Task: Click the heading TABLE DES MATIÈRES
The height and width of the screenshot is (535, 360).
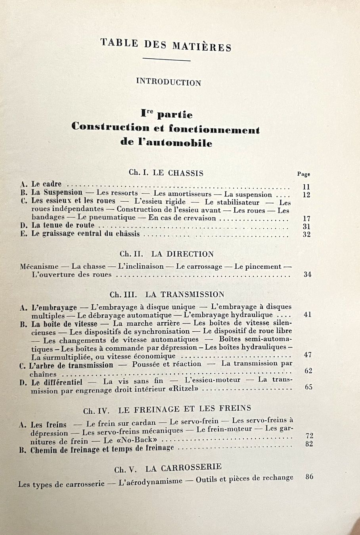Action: tap(166, 44)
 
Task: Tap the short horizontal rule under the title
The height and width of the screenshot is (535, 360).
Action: tap(166, 60)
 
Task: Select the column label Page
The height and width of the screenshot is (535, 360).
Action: tap(304, 174)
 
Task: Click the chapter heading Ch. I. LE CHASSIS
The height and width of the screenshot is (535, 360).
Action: tap(166, 173)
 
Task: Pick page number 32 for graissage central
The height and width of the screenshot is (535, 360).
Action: tap(306, 234)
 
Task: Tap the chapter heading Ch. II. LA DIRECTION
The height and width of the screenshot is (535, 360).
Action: tap(167, 254)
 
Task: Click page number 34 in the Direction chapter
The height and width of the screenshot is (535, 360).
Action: tap(307, 274)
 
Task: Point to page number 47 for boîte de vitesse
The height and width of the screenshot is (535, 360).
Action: tap(308, 355)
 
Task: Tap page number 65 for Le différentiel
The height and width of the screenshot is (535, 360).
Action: tap(308, 387)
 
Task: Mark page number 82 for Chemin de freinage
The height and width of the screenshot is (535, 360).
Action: tap(310, 444)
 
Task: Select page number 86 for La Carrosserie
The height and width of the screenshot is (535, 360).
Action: tap(310, 476)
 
